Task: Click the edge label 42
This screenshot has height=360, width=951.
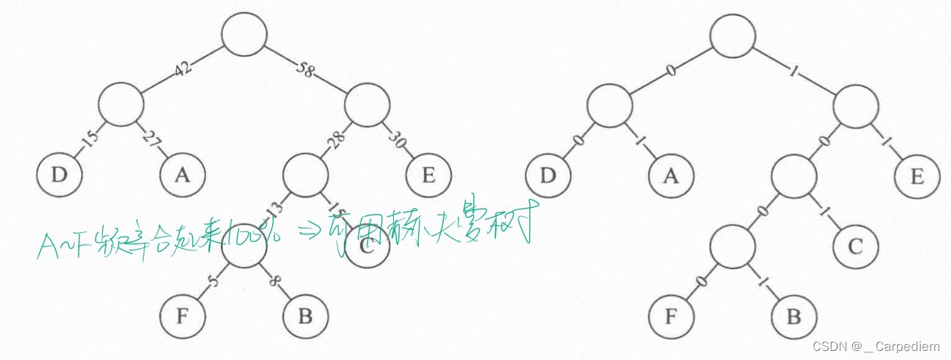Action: point(183,69)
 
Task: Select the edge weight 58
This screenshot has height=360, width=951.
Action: point(306,70)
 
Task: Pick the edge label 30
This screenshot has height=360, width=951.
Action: point(398,138)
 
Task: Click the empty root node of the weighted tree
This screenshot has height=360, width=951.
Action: point(244,35)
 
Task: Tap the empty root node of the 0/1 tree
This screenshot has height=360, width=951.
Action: point(733,35)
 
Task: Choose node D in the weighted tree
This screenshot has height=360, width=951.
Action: point(58,175)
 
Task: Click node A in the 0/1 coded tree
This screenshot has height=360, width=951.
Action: point(671,176)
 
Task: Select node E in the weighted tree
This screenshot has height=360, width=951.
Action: point(429,175)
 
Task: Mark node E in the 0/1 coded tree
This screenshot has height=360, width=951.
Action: point(918,176)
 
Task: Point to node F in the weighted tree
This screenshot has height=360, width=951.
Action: point(182,315)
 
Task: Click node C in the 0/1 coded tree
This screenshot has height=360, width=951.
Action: point(856,247)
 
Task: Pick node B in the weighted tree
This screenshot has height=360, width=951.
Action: point(305,315)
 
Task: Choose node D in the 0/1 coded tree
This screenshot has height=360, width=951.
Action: point(548,176)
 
